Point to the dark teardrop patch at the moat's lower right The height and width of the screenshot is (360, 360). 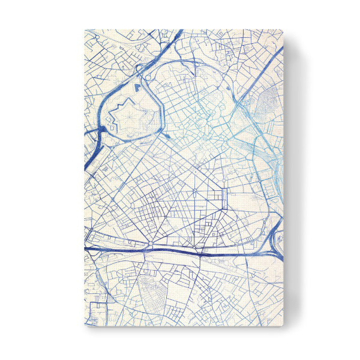click(166, 136)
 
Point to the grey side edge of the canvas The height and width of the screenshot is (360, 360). click(287, 180)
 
